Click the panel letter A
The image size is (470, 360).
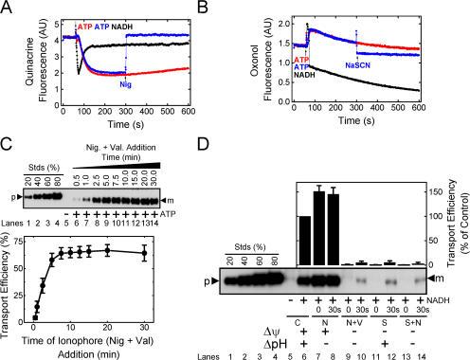pyautogui.click(x=9, y=9)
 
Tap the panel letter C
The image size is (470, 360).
pyautogui.click(x=9, y=149)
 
